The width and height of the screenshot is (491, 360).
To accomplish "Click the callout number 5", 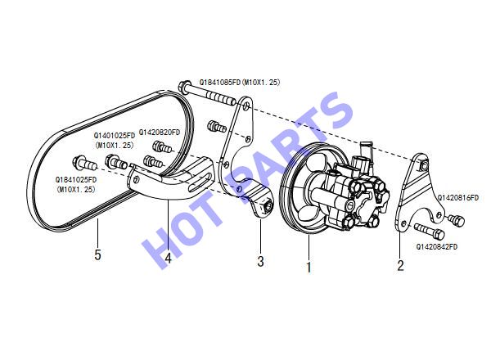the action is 97,254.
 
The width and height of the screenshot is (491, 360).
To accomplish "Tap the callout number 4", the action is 168,259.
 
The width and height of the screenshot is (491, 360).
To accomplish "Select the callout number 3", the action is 260,261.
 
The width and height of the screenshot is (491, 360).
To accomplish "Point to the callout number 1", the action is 309,267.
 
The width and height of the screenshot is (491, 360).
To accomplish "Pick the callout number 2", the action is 400,265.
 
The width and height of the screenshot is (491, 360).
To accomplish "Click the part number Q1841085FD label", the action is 220,82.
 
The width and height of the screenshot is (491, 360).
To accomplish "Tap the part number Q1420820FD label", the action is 160,133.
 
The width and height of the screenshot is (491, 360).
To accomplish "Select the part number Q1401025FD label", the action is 115,136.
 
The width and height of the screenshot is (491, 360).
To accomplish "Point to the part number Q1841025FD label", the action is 76,180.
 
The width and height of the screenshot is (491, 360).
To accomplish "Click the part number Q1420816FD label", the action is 457,197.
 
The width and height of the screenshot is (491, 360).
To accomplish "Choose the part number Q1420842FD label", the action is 436,246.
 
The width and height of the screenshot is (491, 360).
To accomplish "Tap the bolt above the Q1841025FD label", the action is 84,163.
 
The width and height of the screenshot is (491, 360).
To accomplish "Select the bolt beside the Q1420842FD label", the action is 430,231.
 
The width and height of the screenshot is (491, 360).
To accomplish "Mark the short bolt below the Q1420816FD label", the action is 457,220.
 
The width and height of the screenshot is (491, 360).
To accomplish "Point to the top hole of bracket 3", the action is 246,106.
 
